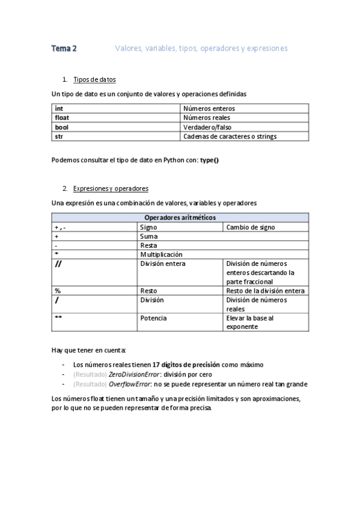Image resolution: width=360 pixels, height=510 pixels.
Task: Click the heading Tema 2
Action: (x=64, y=48)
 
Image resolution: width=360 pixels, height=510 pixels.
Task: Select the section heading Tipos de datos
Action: (x=94, y=79)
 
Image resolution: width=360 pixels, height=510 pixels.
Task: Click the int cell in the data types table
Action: (x=59, y=108)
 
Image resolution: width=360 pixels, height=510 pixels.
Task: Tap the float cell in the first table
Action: (x=62, y=117)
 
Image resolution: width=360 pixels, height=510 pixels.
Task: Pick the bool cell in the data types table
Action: (x=61, y=127)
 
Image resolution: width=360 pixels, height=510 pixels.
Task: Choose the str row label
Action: (x=59, y=137)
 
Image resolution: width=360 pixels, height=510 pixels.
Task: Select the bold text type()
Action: (x=209, y=161)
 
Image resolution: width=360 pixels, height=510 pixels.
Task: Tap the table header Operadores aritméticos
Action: (x=180, y=218)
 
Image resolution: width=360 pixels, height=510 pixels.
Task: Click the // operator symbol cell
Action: (x=59, y=264)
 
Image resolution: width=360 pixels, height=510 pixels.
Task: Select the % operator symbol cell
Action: (x=58, y=290)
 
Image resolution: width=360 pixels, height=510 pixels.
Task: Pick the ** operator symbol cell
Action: (x=59, y=318)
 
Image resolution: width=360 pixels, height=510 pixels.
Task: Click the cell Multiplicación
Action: (x=161, y=254)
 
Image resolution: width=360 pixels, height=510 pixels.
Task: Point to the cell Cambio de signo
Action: (x=251, y=227)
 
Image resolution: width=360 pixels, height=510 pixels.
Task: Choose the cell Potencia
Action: (x=153, y=318)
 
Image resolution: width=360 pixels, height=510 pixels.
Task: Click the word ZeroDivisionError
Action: (x=135, y=374)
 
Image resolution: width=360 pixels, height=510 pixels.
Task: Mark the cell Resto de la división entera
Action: (x=265, y=290)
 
